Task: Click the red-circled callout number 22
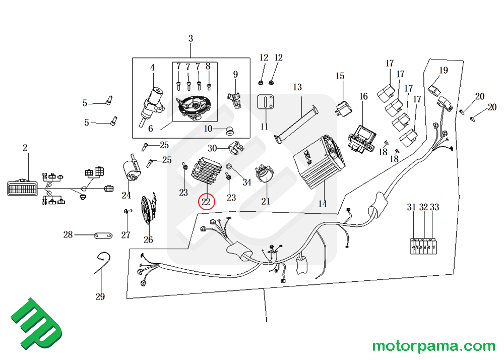tap(206, 202)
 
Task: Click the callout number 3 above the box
tap(191, 38)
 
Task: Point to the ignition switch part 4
tap(153, 101)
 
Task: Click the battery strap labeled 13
tap(297, 123)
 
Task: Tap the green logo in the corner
tap(36, 326)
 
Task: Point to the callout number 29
tap(100, 296)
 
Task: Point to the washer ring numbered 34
tap(229, 166)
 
